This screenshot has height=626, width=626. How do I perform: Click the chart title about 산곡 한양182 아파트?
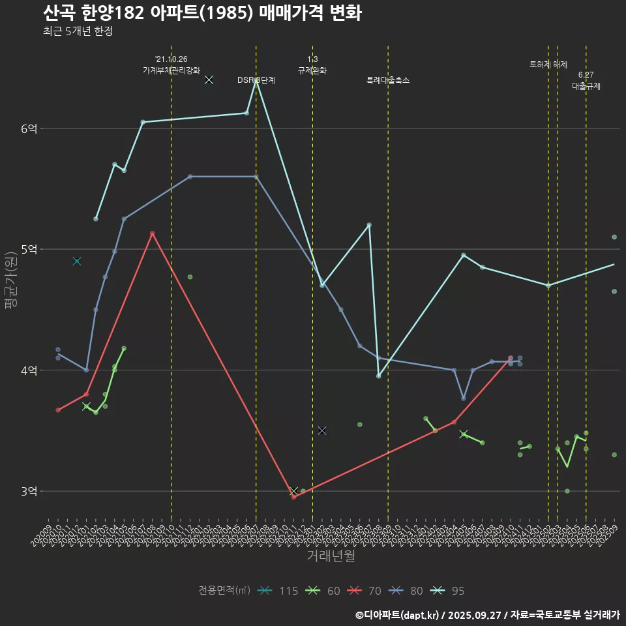(x=202, y=13)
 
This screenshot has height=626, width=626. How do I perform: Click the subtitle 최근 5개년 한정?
(x=78, y=31)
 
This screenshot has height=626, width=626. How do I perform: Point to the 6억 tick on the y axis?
(x=29, y=129)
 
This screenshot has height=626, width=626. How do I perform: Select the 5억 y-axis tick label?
(x=29, y=250)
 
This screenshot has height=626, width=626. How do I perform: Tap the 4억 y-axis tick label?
(x=29, y=370)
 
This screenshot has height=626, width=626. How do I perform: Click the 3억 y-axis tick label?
(x=29, y=491)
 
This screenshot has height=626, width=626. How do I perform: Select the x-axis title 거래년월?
(x=331, y=556)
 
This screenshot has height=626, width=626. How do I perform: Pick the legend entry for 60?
(x=324, y=591)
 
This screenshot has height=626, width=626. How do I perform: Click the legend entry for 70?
(x=365, y=591)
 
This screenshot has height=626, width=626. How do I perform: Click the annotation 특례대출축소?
(x=388, y=80)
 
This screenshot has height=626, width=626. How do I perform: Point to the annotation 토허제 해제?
(x=548, y=65)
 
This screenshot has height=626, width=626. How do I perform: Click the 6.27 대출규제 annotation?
(x=586, y=80)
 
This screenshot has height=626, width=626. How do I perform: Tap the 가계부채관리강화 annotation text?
(x=171, y=70)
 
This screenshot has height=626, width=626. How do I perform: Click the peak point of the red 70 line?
(x=152, y=233)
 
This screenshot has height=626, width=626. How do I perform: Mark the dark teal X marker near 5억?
(x=77, y=261)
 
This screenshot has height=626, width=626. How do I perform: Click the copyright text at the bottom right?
(x=487, y=614)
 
